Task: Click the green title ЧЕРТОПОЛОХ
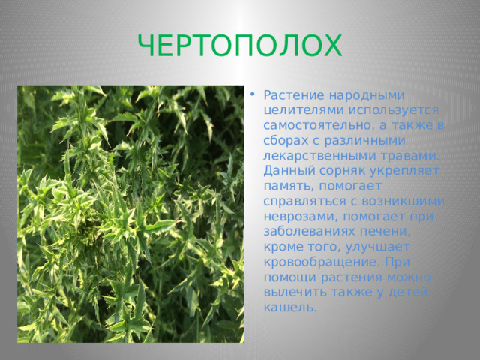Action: [x=240, y=46]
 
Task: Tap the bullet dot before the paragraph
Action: [x=252, y=94]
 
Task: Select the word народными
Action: [x=367, y=96]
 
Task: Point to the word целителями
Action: [x=304, y=110]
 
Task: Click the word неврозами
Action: [x=301, y=217]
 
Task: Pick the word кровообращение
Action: [x=322, y=262]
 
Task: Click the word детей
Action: [x=408, y=292]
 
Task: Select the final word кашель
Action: [x=290, y=307]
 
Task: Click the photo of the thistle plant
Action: [x=130, y=214]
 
